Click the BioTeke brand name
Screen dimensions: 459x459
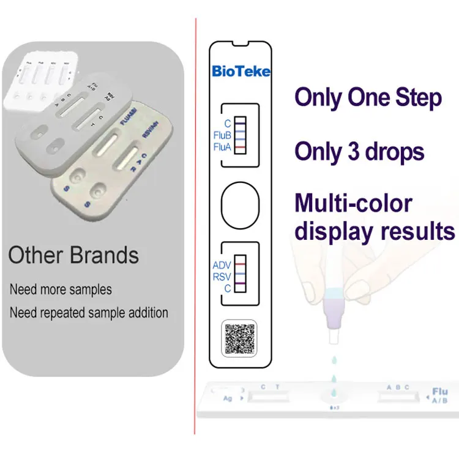(241, 71)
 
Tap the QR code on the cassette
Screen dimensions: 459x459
(240, 337)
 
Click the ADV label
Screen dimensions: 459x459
(222, 266)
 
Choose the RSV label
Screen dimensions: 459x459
(222, 277)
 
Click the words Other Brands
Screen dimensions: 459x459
(73, 255)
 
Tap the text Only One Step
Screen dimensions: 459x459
(368, 98)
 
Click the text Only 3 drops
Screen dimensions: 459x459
(359, 151)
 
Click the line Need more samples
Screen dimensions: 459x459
(61, 289)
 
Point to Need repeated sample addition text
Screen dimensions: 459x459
(89, 313)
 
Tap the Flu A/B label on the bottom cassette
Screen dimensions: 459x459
(439, 395)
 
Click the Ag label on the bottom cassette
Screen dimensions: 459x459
(227, 398)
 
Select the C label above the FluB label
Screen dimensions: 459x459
(227, 124)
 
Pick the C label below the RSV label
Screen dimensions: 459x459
(227, 288)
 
